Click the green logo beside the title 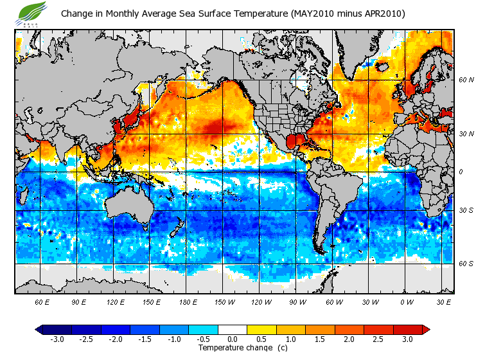[x=33, y=14]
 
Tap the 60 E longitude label [x=42, y=301]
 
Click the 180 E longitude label [x=189, y=301]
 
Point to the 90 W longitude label [x=298, y=301]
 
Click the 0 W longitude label [x=407, y=301]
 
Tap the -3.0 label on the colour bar [x=57, y=339]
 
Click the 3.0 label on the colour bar [x=408, y=339]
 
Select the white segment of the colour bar [x=233, y=329]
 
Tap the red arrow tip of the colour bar [x=426, y=329]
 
